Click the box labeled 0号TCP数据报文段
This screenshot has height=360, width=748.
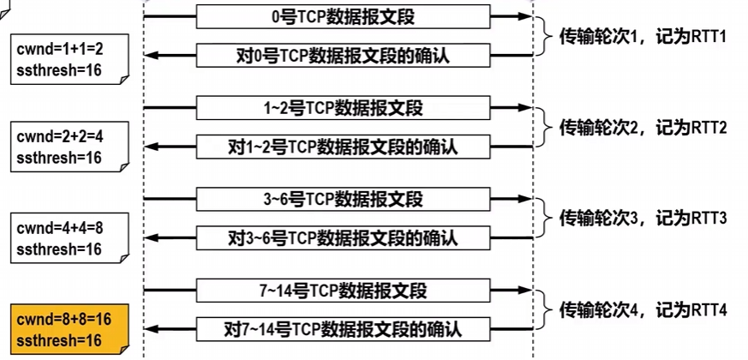344,17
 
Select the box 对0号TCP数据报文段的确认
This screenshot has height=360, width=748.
344,56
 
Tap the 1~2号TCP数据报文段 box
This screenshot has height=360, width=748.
344,108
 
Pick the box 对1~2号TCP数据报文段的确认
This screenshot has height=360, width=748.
344,147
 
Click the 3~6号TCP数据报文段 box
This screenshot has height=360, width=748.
344,200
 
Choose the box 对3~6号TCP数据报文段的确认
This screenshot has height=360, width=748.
344,237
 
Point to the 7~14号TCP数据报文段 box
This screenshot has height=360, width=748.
344,290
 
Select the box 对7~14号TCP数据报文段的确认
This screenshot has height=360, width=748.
344,327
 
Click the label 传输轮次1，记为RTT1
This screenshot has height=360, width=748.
643,37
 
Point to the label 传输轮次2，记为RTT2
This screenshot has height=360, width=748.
643,128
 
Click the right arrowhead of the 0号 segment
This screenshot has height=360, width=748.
524,17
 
